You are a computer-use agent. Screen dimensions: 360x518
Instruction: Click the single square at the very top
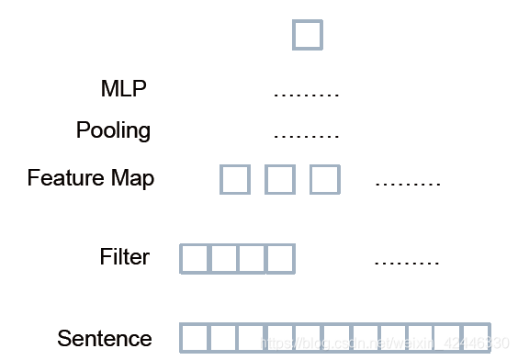[308, 36]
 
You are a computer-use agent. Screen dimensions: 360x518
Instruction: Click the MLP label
[123, 89]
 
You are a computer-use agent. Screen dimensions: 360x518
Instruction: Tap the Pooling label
[113, 130]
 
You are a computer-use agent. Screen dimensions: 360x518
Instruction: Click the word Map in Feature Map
[131, 177]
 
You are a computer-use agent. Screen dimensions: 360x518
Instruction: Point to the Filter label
[124, 256]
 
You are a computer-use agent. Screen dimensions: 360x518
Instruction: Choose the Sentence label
[104, 338]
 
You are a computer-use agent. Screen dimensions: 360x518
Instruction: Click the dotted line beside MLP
[307, 95]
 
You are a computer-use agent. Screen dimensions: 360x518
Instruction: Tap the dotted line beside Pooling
[307, 136]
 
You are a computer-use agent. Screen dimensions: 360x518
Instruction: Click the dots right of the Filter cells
[408, 263]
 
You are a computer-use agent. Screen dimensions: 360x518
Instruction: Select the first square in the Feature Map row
[235, 179]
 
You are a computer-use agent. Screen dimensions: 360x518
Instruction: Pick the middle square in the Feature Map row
[280, 179]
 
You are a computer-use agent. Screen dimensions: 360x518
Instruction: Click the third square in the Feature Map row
[325, 179]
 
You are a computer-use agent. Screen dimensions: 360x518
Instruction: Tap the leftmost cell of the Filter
[195, 259]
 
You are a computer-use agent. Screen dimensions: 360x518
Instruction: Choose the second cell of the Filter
[223, 259]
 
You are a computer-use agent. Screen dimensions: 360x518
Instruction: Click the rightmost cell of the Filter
[280, 259]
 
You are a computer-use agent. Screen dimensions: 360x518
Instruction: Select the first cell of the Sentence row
[195, 338]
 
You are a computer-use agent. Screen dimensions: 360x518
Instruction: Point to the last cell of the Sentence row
[476, 338]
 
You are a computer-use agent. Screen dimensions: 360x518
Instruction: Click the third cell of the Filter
[252, 259]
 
